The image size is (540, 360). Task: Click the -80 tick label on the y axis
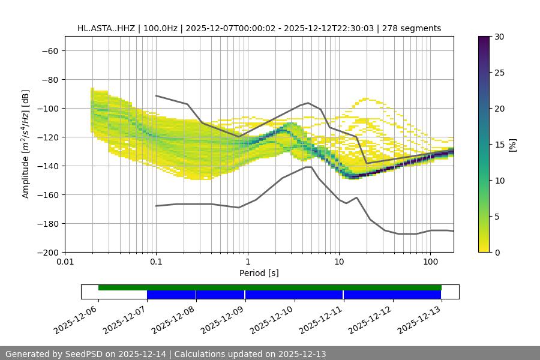(x=49, y=79)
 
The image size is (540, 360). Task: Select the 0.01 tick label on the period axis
(x=65, y=262)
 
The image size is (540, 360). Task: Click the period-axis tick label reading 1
(x=248, y=262)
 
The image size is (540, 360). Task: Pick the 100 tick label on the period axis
(x=430, y=262)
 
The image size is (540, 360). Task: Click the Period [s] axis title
(x=259, y=273)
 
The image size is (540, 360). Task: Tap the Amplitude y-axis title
(x=26, y=144)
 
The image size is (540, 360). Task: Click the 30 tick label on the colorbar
(x=498, y=37)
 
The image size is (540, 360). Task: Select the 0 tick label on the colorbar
(x=496, y=252)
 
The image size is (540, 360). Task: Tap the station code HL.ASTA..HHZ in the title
(x=107, y=28)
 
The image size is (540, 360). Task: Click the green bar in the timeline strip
(x=270, y=287)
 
